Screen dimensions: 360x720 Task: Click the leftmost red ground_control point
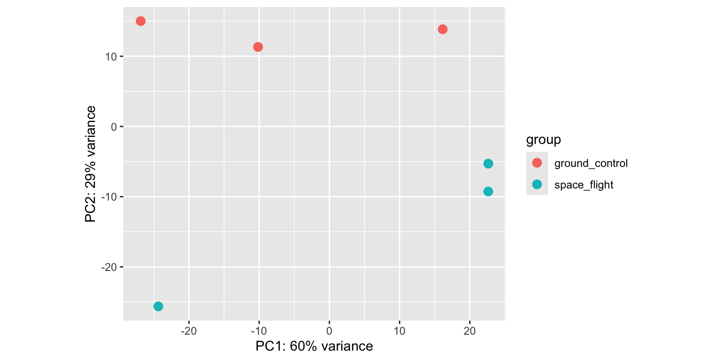coord(141,21)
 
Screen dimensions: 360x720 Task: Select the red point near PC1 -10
coord(258,47)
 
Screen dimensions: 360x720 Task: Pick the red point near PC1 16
coord(442,30)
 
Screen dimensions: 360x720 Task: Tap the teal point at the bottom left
coord(158,306)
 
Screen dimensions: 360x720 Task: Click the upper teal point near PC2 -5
coord(488,164)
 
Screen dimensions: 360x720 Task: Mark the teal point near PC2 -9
coord(488,191)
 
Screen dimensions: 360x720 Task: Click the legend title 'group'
coord(544,140)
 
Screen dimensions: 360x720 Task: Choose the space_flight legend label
coord(584,185)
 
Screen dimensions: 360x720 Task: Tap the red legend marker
coord(537,163)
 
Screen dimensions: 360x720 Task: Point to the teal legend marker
coord(537,184)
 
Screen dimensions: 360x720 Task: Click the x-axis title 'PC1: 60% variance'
coord(314,346)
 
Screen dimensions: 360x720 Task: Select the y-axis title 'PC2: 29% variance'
coord(90,164)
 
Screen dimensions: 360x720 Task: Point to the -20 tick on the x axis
coord(189,331)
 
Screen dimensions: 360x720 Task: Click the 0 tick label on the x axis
coord(329,331)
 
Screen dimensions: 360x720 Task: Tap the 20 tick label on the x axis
coord(470,331)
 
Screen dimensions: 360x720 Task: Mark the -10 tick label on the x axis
coord(259,331)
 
